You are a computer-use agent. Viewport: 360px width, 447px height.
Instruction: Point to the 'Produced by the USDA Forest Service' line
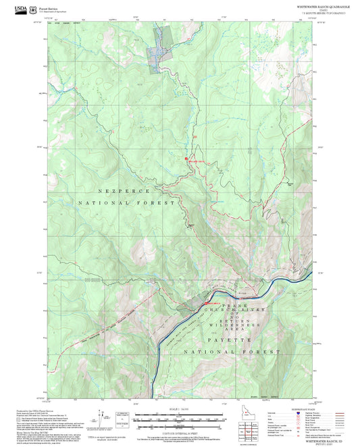[34, 409]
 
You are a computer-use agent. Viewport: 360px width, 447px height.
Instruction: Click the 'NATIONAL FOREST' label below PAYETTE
[233, 352]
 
